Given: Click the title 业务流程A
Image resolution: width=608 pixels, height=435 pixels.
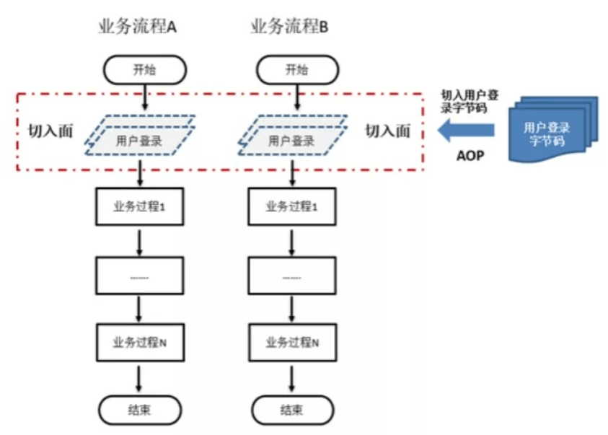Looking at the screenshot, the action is coord(137,27).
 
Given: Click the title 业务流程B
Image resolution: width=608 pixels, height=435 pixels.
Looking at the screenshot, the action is coord(289,27).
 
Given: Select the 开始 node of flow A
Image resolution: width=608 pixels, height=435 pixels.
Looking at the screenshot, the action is coord(145,70).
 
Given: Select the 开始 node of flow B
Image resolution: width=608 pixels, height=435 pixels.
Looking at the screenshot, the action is coord(297,70).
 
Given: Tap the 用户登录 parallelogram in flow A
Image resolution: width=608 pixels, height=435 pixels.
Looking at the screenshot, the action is coord(140,136).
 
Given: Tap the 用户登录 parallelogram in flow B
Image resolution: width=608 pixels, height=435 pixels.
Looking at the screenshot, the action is coord(292,136).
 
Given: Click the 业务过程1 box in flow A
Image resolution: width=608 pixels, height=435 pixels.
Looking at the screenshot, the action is coord(140,206).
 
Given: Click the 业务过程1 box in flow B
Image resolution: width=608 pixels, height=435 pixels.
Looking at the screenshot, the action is coord(292,206).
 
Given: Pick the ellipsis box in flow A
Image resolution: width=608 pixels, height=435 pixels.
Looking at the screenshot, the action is coord(140,276).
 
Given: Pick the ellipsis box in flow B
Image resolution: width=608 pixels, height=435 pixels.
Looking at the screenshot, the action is coord(292,276).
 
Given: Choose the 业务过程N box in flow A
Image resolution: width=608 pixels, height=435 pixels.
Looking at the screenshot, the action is coord(140,343).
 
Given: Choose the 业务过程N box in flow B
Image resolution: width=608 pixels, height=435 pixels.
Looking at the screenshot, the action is coord(292,343).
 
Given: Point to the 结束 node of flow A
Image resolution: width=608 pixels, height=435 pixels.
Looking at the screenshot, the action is coord(140,410).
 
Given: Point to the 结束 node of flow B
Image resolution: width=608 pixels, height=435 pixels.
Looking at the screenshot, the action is coord(292,410).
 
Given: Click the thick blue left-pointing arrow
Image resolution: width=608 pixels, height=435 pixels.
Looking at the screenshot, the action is coord(466,130).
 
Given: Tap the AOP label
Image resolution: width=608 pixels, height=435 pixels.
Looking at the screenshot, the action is coord(470,156).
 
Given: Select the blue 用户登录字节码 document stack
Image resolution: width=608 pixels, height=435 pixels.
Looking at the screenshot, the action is coord(553,129).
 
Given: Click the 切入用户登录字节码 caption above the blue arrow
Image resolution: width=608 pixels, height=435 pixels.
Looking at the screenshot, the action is coord(470,101).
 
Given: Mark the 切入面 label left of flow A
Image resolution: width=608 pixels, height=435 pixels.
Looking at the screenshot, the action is coord(50,131).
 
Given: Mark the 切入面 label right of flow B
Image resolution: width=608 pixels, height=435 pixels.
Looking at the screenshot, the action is coord(388,131).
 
